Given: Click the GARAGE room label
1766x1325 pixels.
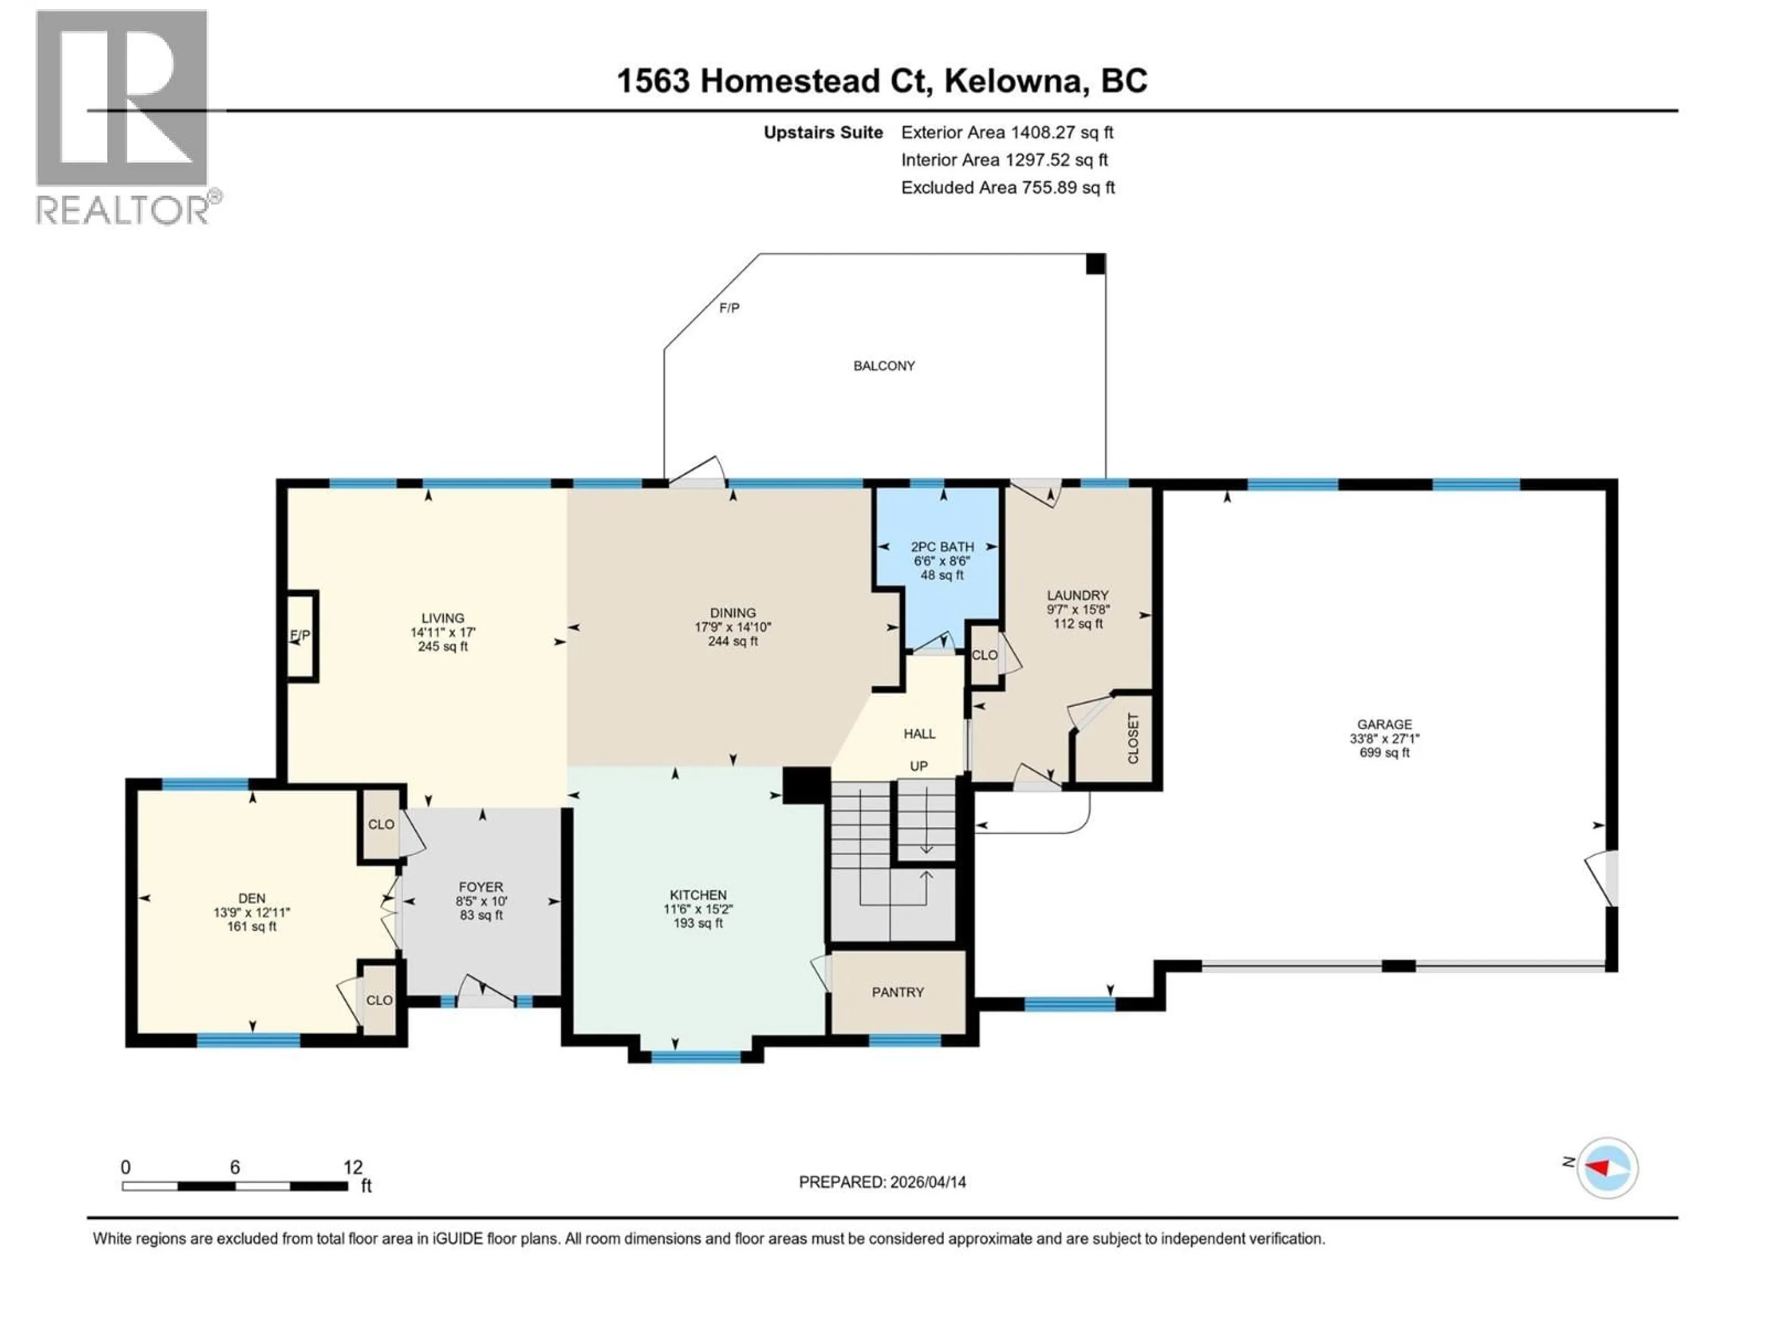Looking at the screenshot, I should coord(1384,725).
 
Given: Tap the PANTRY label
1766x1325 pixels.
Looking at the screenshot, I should coord(897,992).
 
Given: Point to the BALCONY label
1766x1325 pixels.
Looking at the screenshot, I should coord(884,366).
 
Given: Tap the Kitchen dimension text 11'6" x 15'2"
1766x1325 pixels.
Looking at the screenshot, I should coord(698,909).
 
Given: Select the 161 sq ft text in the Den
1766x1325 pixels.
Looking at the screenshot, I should coord(252,927).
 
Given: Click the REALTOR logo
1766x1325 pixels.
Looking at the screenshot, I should coord(124,116).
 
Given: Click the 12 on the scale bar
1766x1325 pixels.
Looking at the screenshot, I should coord(353,1167).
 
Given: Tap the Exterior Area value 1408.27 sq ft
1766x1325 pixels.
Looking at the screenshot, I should coord(1061,132).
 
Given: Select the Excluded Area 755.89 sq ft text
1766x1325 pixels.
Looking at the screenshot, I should coord(1008,188).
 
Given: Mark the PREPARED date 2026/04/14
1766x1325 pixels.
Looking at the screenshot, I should coord(926,1182).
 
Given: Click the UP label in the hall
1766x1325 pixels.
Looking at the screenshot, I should coord(919,766).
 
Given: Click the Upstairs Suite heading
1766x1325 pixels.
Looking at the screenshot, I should coord(823,132).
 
